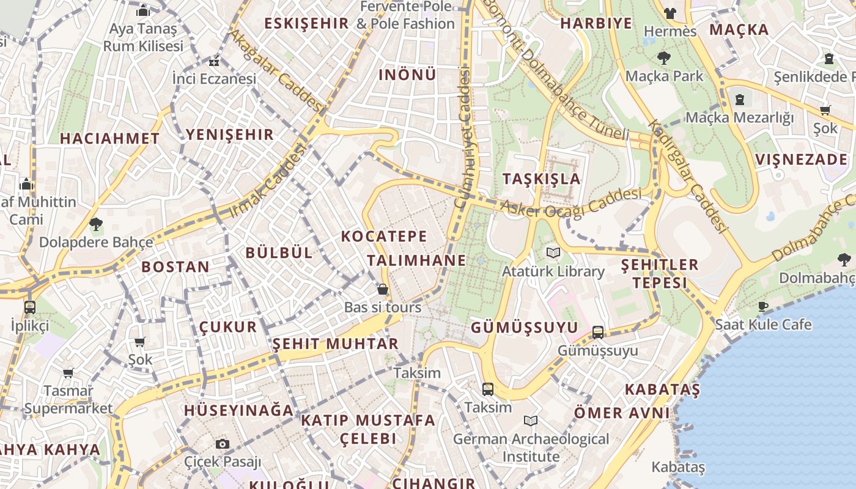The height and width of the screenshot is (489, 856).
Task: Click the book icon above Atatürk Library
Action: (553, 252)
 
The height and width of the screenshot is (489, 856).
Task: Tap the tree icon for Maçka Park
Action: (663, 58)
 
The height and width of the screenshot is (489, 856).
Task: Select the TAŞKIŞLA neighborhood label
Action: (541, 178)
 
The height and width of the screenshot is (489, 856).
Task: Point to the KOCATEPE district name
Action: (384, 236)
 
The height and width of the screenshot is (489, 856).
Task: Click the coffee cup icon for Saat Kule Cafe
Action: (763, 306)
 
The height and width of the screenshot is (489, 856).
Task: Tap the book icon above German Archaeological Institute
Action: (531, 421)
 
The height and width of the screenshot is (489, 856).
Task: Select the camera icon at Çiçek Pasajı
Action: (223, 444)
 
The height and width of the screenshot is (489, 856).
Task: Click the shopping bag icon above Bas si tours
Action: (383, 289)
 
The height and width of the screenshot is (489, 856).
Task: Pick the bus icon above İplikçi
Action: (29, 307)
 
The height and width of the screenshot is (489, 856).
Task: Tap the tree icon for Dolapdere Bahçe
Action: (95, 224)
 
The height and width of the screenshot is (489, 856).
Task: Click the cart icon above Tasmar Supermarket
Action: (68, 372)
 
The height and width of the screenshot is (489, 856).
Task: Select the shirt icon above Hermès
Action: (670, 13)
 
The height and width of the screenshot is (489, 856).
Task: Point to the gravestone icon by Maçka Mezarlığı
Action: (740, 99)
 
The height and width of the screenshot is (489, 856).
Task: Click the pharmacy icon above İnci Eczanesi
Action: (214, 62)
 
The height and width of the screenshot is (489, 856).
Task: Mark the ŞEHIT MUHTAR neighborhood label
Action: (335, 344)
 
